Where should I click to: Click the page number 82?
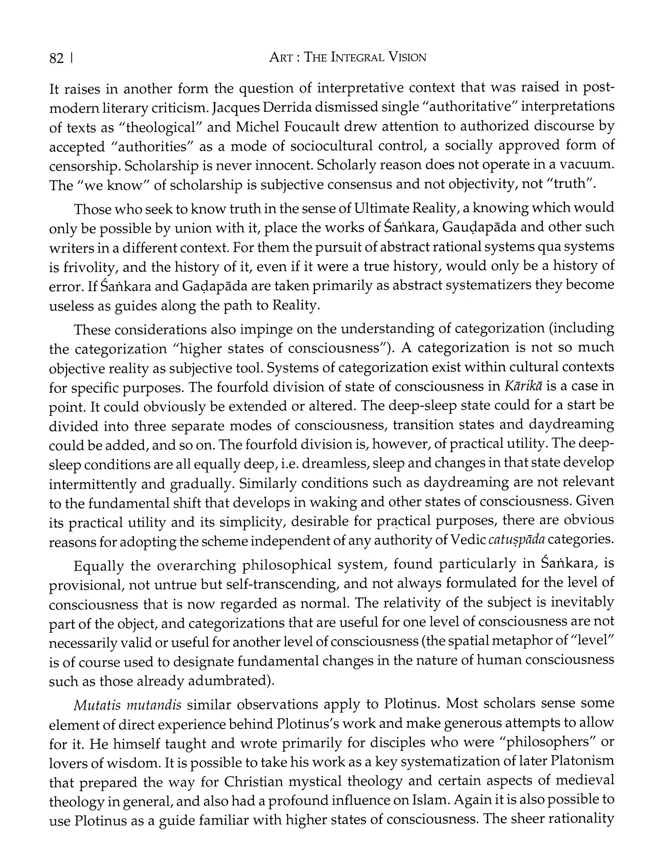pyautogui.click(x=57, y=59)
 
